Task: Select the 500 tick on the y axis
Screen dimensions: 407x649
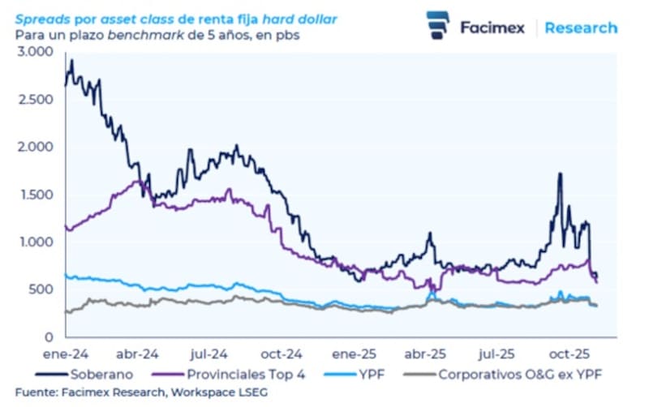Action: pos(41,289)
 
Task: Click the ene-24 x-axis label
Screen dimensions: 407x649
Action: pos(66,354)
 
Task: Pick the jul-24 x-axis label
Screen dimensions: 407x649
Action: pos(209,354)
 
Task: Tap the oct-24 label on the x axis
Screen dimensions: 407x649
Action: pos(282,354)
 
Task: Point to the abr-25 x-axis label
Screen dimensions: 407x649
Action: pos(425,354)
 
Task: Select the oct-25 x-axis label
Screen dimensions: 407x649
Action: pos(569,354)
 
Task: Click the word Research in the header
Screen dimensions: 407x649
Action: pos(580,28)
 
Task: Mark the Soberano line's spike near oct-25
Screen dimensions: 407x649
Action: pos(560,174)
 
